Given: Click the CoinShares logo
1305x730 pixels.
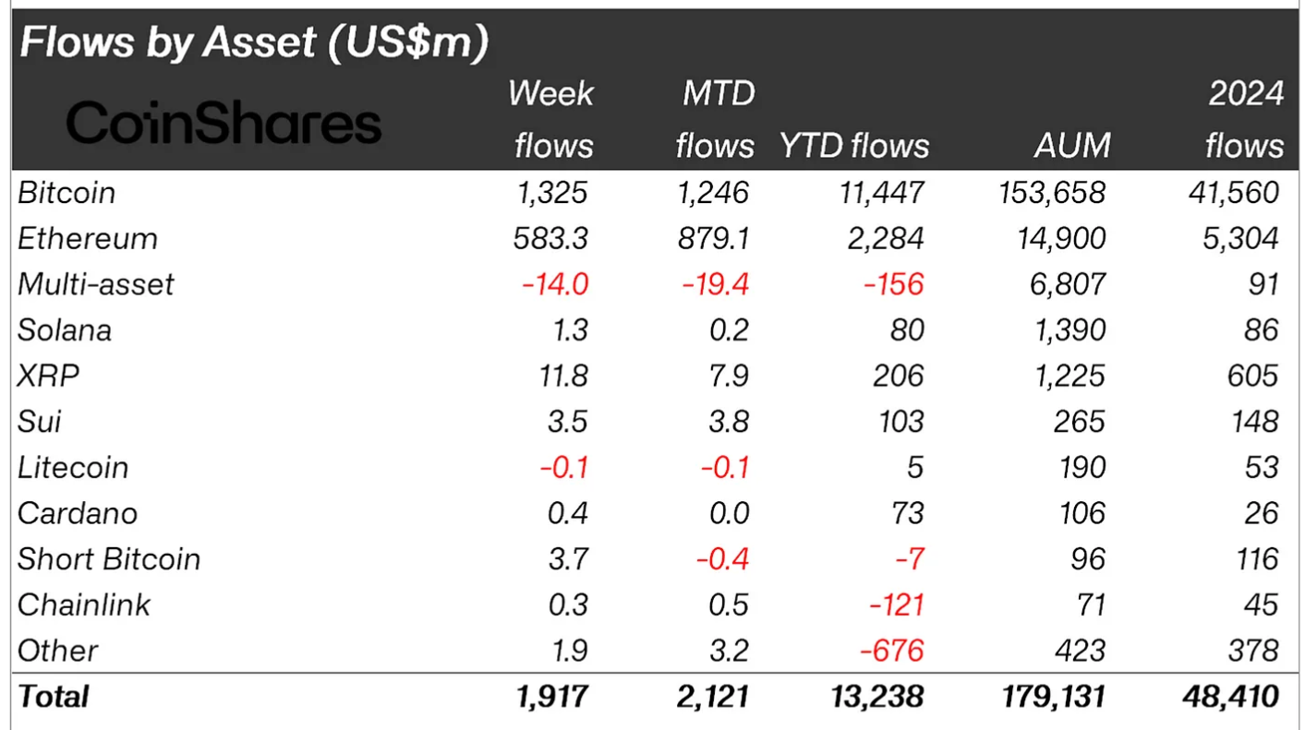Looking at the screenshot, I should point(224,124).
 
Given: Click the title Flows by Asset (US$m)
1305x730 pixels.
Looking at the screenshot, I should point(253,43).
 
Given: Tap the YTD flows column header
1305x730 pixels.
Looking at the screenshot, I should point(854,145).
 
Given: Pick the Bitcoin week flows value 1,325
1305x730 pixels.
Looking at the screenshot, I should point(551,193).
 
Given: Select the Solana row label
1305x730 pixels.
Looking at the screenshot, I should point(65,329).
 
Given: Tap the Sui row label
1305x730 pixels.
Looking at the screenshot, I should point(40,421).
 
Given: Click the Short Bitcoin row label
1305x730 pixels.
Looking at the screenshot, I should point(109,558).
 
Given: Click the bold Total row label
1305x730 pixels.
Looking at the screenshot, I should point(54,696).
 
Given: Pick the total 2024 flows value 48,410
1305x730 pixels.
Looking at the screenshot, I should point(1231,696).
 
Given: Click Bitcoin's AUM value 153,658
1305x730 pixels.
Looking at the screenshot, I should point(1052,193).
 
